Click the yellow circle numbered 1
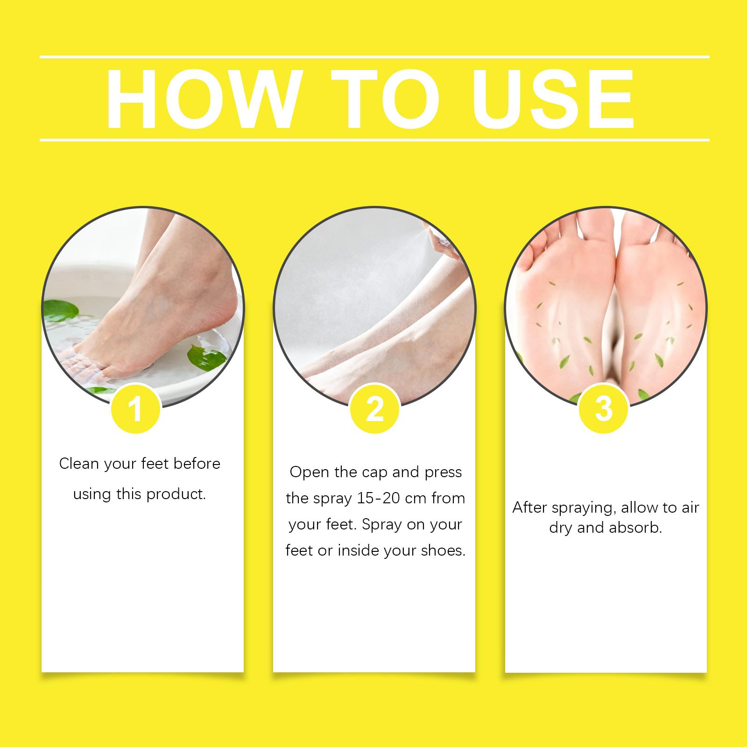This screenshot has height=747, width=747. (x=135, y=409)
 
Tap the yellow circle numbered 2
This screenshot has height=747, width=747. (x=374, y=409)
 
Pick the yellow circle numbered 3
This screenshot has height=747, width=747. (x=603, y=409)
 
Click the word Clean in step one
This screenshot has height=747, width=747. (x=79, y=464)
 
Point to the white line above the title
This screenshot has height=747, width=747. (x=374, y=57)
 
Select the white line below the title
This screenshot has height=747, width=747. (x=374, y=140)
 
